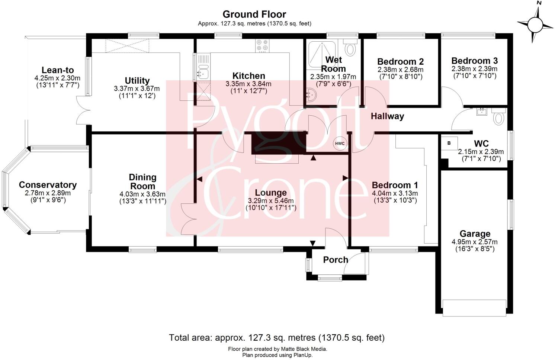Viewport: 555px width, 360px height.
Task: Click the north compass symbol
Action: (535, 25)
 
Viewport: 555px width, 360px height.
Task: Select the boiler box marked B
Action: (449, 143)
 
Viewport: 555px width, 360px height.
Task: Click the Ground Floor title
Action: (254, 15)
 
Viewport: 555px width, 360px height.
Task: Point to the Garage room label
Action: (475, 234)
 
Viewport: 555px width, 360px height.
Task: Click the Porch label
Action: (336, 260)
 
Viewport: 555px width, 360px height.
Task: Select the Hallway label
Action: (387, 116)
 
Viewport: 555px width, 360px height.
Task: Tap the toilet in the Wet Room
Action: (350, 47)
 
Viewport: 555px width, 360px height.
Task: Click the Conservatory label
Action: (48, 185)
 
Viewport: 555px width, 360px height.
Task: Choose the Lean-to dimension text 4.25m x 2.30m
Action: (57, 78)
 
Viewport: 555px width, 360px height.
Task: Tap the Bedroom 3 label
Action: (474, 61)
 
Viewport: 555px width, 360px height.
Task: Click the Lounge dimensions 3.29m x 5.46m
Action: (271, 201)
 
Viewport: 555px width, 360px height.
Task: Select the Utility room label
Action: (137, 81)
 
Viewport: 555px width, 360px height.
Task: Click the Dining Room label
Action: (142, 181)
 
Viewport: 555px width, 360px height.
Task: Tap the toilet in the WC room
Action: (498, 117)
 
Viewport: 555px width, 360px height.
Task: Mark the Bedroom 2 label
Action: (400, 61)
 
